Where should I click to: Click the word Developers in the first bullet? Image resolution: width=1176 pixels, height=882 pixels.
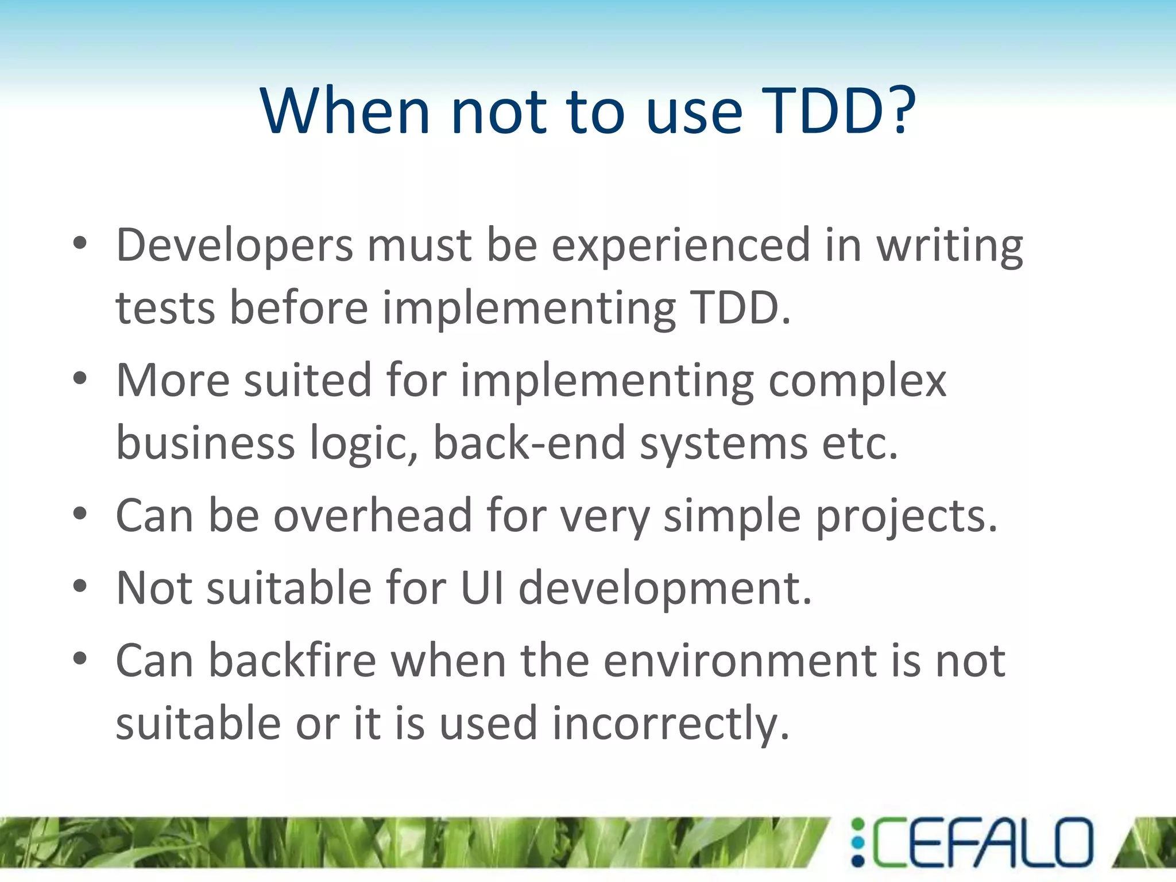point(234,246)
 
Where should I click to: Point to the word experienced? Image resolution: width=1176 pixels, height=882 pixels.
point(681,246)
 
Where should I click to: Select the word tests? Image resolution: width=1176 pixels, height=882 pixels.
point(165,308)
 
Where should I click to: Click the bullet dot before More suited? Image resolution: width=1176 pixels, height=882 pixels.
point(80,378)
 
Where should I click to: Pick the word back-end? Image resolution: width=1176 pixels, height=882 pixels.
point(528,443)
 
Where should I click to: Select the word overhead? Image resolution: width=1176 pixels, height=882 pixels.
point(372,516)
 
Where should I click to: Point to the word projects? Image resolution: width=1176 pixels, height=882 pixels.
point(906,516)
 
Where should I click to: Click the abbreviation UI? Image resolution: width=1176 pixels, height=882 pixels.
point(482,588)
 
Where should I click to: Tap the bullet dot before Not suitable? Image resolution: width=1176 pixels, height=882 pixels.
point(80,586)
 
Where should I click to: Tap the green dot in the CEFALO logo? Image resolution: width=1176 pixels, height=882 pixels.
point(857,826)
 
